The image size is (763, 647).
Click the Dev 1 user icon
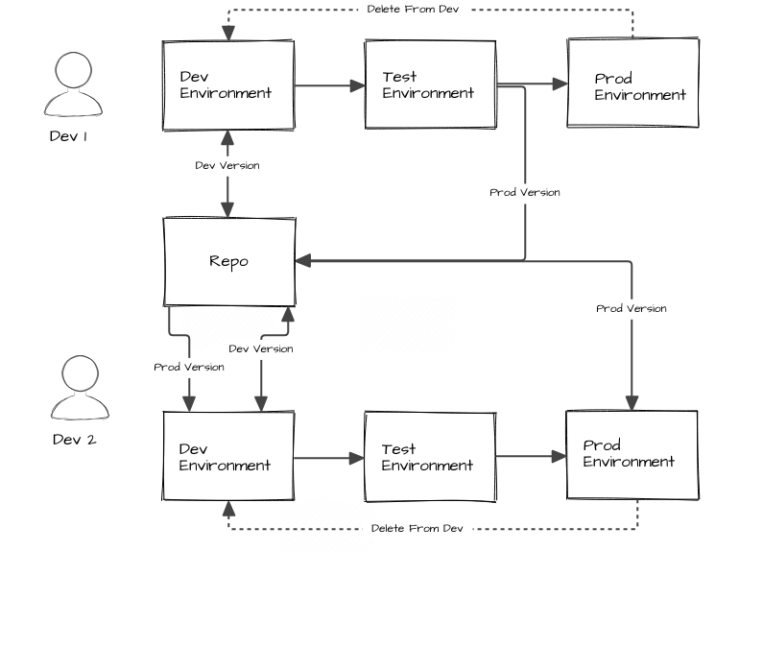pos(73,84)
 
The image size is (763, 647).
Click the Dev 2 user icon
pos(80,388)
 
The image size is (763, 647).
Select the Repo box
pos(228,261)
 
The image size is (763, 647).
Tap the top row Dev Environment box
pos(228,85)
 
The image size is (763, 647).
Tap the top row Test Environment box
pos(430,85)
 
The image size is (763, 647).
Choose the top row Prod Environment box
pos(632,84)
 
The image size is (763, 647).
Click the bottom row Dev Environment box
pos(228,457)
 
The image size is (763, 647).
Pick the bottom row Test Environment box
pos(430,457)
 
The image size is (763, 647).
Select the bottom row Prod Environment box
pos(632,455)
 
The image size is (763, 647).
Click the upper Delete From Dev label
pos(413,9)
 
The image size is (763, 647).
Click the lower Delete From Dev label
pos(417,528)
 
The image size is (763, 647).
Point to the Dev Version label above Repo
pos(227,165)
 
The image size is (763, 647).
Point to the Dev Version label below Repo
pos(260,348)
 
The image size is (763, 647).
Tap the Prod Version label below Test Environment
pos(525,192)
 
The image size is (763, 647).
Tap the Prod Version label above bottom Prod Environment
pos(631,308)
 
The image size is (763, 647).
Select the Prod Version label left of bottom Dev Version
pos(189,367)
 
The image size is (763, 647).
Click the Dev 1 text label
pos(69,136)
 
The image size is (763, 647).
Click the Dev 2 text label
pos(74,440)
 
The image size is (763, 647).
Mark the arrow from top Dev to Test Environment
pos(329,85)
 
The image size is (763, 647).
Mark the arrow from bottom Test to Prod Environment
pos(531,457)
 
